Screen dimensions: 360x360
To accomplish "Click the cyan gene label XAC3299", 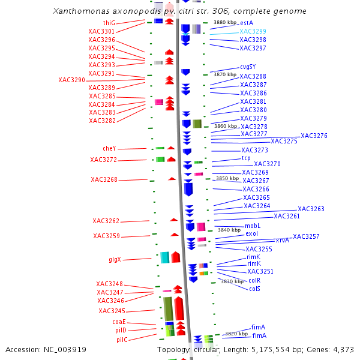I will click(x=253, y=31).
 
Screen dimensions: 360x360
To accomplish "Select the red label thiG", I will click(x=109, y=23).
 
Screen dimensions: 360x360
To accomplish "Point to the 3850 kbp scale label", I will click(x=227, y=178).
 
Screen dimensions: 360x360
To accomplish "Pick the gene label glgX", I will click(x=115, y=260).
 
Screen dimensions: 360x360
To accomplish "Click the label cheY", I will click(x=109, y=149).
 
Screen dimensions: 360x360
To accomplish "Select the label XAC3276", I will click(x=314, y=136).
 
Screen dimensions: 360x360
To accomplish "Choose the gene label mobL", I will click(x=253, y=226).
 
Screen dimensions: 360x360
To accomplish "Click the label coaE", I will click(x=119, y=322).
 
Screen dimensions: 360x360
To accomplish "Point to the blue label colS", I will click(x=254, y=289).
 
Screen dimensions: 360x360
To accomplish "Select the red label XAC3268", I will click(x=104, y=179).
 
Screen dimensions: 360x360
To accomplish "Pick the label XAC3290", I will click(x=71, y=80).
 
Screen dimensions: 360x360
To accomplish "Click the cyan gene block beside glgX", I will click(x=164, y=257).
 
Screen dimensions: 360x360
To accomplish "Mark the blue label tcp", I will click(x=246, y=158).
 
